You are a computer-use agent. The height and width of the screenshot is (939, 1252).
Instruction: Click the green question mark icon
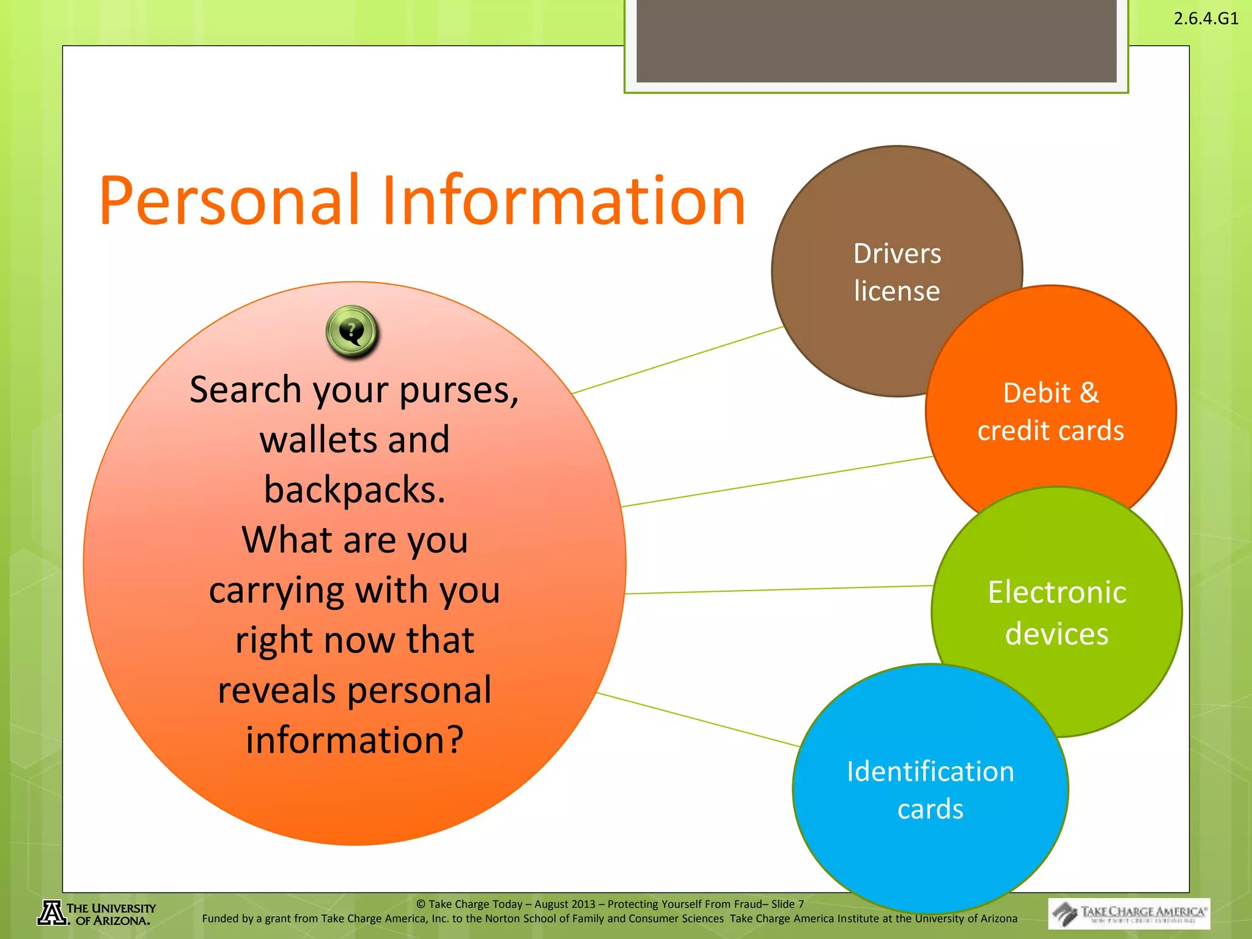point(352,331)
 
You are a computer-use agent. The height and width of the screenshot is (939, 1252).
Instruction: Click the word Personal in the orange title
point(229,201)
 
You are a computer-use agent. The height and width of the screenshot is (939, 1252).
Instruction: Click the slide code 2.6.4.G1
point(1206,18)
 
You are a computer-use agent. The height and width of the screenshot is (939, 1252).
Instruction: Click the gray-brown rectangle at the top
point(876,40)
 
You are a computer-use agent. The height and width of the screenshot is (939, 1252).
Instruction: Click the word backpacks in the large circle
point(355,490)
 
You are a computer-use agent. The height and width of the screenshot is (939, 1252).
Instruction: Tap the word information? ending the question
point(355,740)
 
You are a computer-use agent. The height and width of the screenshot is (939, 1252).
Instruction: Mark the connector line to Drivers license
point(679,360)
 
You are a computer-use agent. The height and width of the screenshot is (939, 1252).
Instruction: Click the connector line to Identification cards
point(697,720)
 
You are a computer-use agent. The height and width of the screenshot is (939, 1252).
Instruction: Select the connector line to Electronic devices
point(776,590)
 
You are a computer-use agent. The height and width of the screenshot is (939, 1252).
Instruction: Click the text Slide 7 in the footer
point(787,904)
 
